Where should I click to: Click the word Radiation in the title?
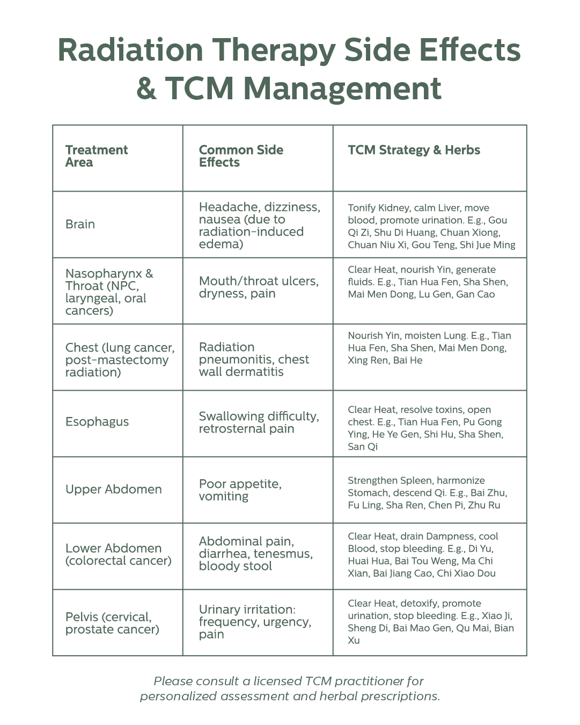coord(130,50)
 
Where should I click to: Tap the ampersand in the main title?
coord(147,88)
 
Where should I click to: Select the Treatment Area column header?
coord(97,156)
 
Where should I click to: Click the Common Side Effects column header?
coord(241,156)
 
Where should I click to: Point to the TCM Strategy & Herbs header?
coord(414,150)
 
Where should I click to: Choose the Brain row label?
coord(80,224)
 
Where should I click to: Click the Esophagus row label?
coord(97,422)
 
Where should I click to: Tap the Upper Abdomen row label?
coord(114,489)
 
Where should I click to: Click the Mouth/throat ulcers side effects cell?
coord(259,288)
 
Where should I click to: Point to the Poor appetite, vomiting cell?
coord(240,490)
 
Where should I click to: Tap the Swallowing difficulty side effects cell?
coord(259,422)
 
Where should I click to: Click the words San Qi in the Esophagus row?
coord(363,446)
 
